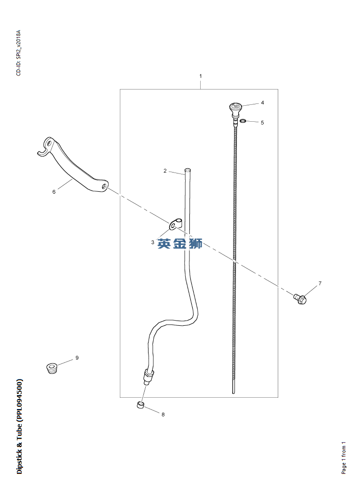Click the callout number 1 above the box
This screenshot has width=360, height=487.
201,76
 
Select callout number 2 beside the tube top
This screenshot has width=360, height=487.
165,171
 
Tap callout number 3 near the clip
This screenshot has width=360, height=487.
153,242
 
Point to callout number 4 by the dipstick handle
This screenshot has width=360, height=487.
262,103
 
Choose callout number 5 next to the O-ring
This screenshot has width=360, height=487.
262,123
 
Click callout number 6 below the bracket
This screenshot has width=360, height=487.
54,192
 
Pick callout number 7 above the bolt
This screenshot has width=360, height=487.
320,283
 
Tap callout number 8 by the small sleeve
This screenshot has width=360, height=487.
163,414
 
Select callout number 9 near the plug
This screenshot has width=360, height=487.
77,358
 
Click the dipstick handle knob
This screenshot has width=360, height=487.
235,109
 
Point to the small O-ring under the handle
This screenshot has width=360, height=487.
243,121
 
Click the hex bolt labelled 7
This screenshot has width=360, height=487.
300,298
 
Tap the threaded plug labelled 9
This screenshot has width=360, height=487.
52,368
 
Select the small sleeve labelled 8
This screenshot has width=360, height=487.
141,405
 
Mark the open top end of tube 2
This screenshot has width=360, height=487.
188,170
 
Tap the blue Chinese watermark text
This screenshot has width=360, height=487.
180,243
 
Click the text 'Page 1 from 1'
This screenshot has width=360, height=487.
344,458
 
